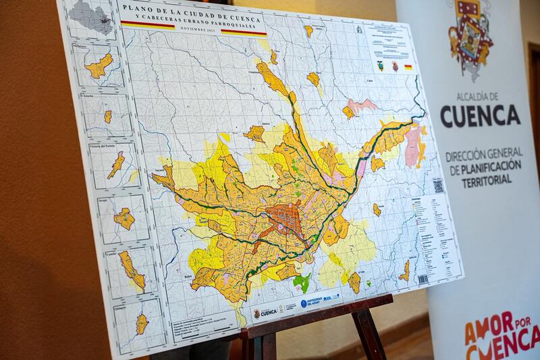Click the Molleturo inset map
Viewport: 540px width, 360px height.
[99, 65]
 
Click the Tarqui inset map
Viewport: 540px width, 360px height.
[124, 218]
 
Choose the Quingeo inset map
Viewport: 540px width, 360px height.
[141, 323]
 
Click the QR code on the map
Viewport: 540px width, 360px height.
[438, 186]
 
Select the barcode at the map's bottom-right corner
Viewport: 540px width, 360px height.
[423, 278]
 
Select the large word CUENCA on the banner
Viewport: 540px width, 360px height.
[480, 115]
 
